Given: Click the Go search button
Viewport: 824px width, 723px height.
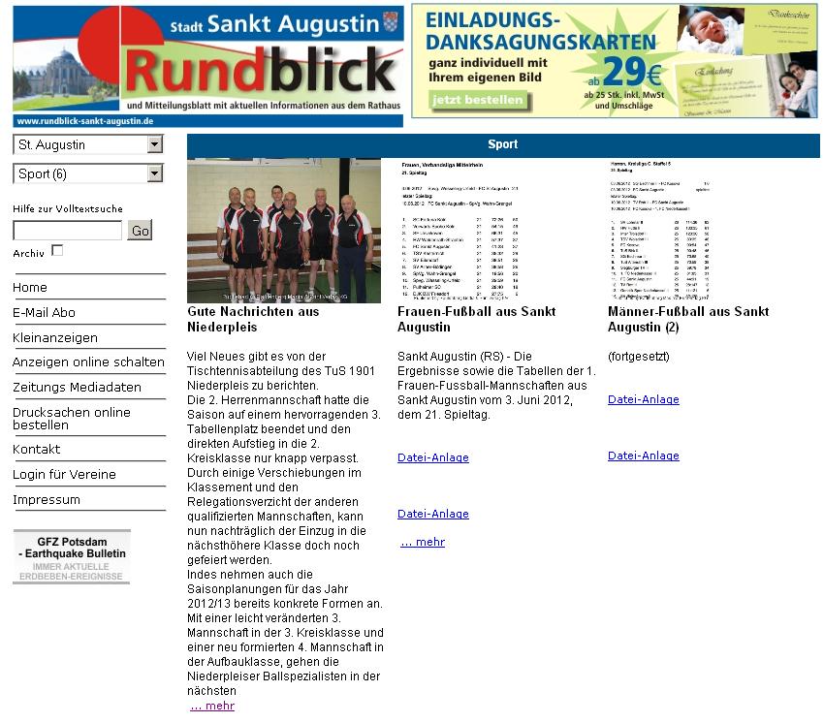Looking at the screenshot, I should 140,230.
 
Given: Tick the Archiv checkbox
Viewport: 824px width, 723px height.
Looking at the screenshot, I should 57,250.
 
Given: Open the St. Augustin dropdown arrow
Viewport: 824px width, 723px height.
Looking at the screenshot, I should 155,144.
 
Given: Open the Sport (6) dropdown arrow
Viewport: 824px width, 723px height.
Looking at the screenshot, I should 155,173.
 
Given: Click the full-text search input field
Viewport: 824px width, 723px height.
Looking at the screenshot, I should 67,230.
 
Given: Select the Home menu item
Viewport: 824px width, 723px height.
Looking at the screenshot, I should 30,287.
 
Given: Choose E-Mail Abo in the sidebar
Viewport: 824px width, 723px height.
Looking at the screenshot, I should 44,312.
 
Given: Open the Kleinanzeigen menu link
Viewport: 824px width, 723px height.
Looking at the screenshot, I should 55,337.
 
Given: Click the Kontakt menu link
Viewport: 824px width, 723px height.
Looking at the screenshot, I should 36,449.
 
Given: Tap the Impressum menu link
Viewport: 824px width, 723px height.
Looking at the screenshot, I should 47,499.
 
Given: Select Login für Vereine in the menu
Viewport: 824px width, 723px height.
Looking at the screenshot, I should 64,474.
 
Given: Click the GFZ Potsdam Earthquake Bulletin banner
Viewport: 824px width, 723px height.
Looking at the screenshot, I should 72,556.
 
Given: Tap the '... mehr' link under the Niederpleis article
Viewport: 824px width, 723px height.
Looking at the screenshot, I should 212,706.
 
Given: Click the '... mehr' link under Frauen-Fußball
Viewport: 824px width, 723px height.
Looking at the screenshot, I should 423,542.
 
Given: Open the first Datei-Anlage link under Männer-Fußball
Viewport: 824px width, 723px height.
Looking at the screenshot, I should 643,399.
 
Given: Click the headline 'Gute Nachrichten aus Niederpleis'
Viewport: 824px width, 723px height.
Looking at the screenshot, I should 253,319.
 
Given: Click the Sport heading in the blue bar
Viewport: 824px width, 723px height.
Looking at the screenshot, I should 502,144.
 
